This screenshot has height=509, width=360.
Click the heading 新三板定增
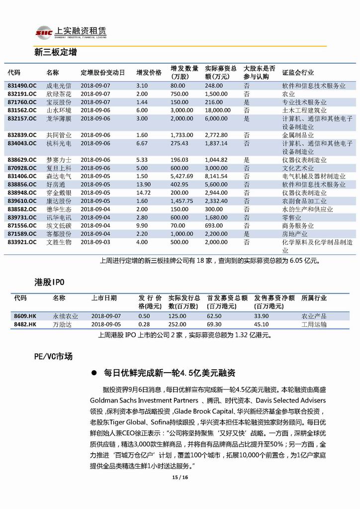(x=55, y=52)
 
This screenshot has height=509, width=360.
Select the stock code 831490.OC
(x=22, y=86)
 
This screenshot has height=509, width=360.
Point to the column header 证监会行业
(x=298, y=72)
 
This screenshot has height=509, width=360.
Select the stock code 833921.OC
(x=22, y=242)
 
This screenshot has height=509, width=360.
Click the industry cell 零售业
(x=291, y=217)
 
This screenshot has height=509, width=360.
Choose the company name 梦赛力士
(x=59, y=160)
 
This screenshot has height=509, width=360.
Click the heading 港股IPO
(x=49, y=282)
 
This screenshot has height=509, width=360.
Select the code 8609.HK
(x=25, y=316)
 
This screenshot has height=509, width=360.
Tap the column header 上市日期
(x=104, y=298)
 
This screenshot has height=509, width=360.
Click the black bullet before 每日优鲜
(x=93, y=373)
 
